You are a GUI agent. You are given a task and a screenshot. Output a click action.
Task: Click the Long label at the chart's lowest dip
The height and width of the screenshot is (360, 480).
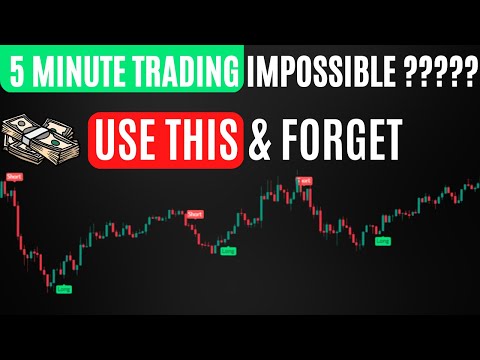[x=65, y=289]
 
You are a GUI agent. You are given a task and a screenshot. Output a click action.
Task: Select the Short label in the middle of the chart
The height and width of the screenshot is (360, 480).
[x=195, y=213]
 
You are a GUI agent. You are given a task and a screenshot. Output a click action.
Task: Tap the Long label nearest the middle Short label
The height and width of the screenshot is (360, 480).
[x=227, y=252]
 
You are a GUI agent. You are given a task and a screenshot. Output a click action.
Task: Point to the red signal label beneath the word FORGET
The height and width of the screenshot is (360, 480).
[x=303, y=181]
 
